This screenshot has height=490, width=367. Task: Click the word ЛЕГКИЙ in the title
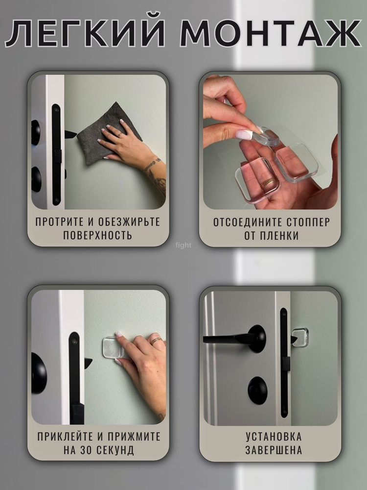(x=85, y=33)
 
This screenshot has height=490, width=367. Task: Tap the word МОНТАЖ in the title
(x=271, y=33)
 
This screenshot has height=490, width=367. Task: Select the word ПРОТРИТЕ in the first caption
(x=60, y=221)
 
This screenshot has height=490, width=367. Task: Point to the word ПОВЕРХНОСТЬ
(x=98, y=235)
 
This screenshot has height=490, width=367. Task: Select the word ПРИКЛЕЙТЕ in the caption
(x=64, y=436)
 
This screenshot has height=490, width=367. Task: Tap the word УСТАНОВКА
(x=274, y=437)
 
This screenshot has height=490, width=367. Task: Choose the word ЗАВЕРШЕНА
(x=274, y=450)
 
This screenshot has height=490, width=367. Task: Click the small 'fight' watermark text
(x=183, y=245)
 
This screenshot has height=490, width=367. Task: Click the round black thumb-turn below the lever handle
(x=258, y=391)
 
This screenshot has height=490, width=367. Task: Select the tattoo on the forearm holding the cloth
(x=156, y=174)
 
